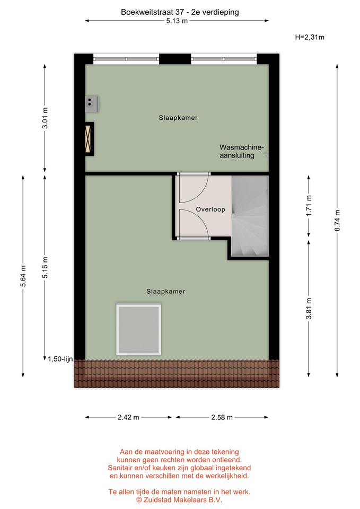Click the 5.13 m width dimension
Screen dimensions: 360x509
[x=177, y=21]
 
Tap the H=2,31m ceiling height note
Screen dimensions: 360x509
[x=310, y=37]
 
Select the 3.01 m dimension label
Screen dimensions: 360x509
[x=45, y=118]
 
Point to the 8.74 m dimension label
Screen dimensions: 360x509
[x=337, y=221]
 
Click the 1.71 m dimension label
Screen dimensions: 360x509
[x=309, y=206]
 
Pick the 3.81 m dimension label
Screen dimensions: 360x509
[x=309, y=309]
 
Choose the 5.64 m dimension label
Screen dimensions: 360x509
[x=23, y=276]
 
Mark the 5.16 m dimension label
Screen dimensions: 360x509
[x=45, y=267]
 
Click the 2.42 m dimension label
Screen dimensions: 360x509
[x=128, y=417]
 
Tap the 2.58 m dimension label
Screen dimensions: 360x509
[x=222, y=417]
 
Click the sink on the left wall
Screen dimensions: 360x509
[x=92, y=104]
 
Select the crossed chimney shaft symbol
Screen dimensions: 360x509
[x=89, y=139]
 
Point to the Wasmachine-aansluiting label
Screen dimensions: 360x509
[x=242, y=151]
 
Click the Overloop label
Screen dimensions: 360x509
[x=210, y=209]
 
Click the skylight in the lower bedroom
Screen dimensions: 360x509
[x=139, y=329]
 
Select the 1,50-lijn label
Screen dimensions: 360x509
[x=60, y=359]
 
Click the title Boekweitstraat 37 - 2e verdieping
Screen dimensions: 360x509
[x=180, y=12]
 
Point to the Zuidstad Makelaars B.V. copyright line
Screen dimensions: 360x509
[x=179, y=500]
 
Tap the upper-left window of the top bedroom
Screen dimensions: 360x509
[x=126, y=59]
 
